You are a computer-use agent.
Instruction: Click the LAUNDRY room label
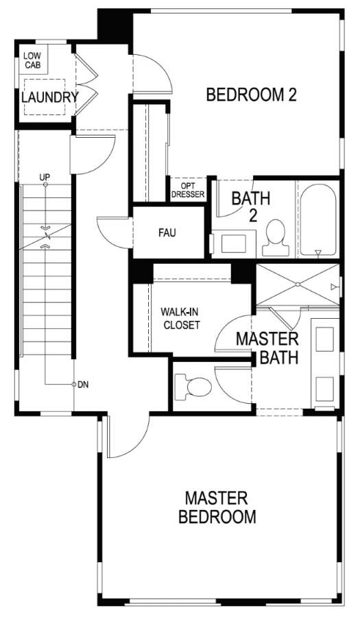pyautogui.click(x=49, y=97)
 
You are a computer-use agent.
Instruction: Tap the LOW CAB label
pyautogui.click(x=33, y=60)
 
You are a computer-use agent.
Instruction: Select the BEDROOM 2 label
pyautogui.click(x=252, y=95)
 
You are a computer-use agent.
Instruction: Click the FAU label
pyautogui.click(x=167, y=233)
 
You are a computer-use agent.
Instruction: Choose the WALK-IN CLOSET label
pyautogui.click(x=180, y=319)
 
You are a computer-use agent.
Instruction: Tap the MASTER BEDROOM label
pyautogui.click(x=217, y=507)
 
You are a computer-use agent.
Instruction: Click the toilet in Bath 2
pyautogui.click(x=276, y=238)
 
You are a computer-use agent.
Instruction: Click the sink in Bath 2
pyautogui.click(x=233, y=243)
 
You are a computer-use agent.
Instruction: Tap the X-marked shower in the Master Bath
pyautogui.click(x=298, y=284)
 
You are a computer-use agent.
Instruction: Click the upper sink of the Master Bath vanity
pyautogui.click(x=324, y=339)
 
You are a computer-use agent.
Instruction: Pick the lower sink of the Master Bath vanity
pyautogui.click(x=324, y=389)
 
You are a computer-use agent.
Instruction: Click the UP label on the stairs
pyautogui.click(x=45, y=177)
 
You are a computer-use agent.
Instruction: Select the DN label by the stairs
pyautogui.click(x=83, y=385)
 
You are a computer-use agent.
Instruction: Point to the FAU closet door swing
pyautogui.click(x=104, y=236)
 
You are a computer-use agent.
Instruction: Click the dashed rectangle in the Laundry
pyautogui.click(x=45, y=97)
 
